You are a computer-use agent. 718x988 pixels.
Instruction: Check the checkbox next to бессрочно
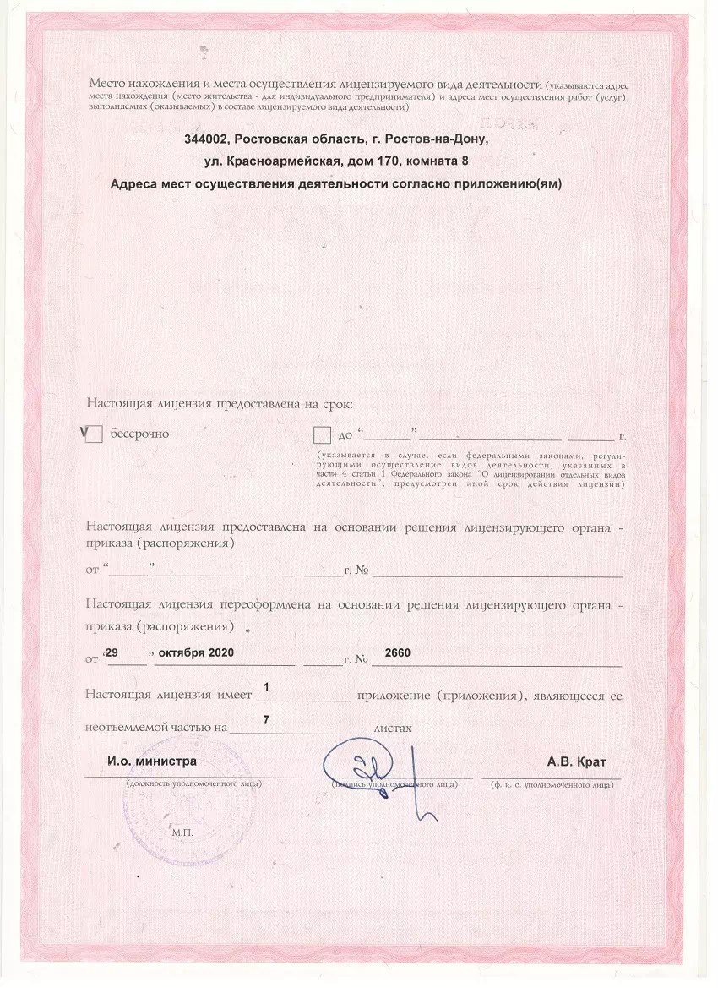coord(95,434)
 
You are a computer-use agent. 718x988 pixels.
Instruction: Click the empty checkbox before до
coord(322,435)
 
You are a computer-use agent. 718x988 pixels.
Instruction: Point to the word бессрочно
coord(140,434)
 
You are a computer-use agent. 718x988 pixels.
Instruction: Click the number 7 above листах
coord(267,719)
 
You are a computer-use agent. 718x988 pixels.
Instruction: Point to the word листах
coord(393,727)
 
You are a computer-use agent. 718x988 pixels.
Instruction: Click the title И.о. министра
coord(152,761)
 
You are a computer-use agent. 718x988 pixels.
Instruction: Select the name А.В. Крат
coord(577,761)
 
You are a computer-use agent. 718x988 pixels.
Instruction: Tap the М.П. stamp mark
coord(182,832)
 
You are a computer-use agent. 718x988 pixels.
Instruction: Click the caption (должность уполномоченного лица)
coord(193,784)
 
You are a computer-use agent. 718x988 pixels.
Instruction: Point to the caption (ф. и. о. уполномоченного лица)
coord(552,784)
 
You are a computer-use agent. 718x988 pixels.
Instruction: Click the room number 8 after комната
coord(465,161)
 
